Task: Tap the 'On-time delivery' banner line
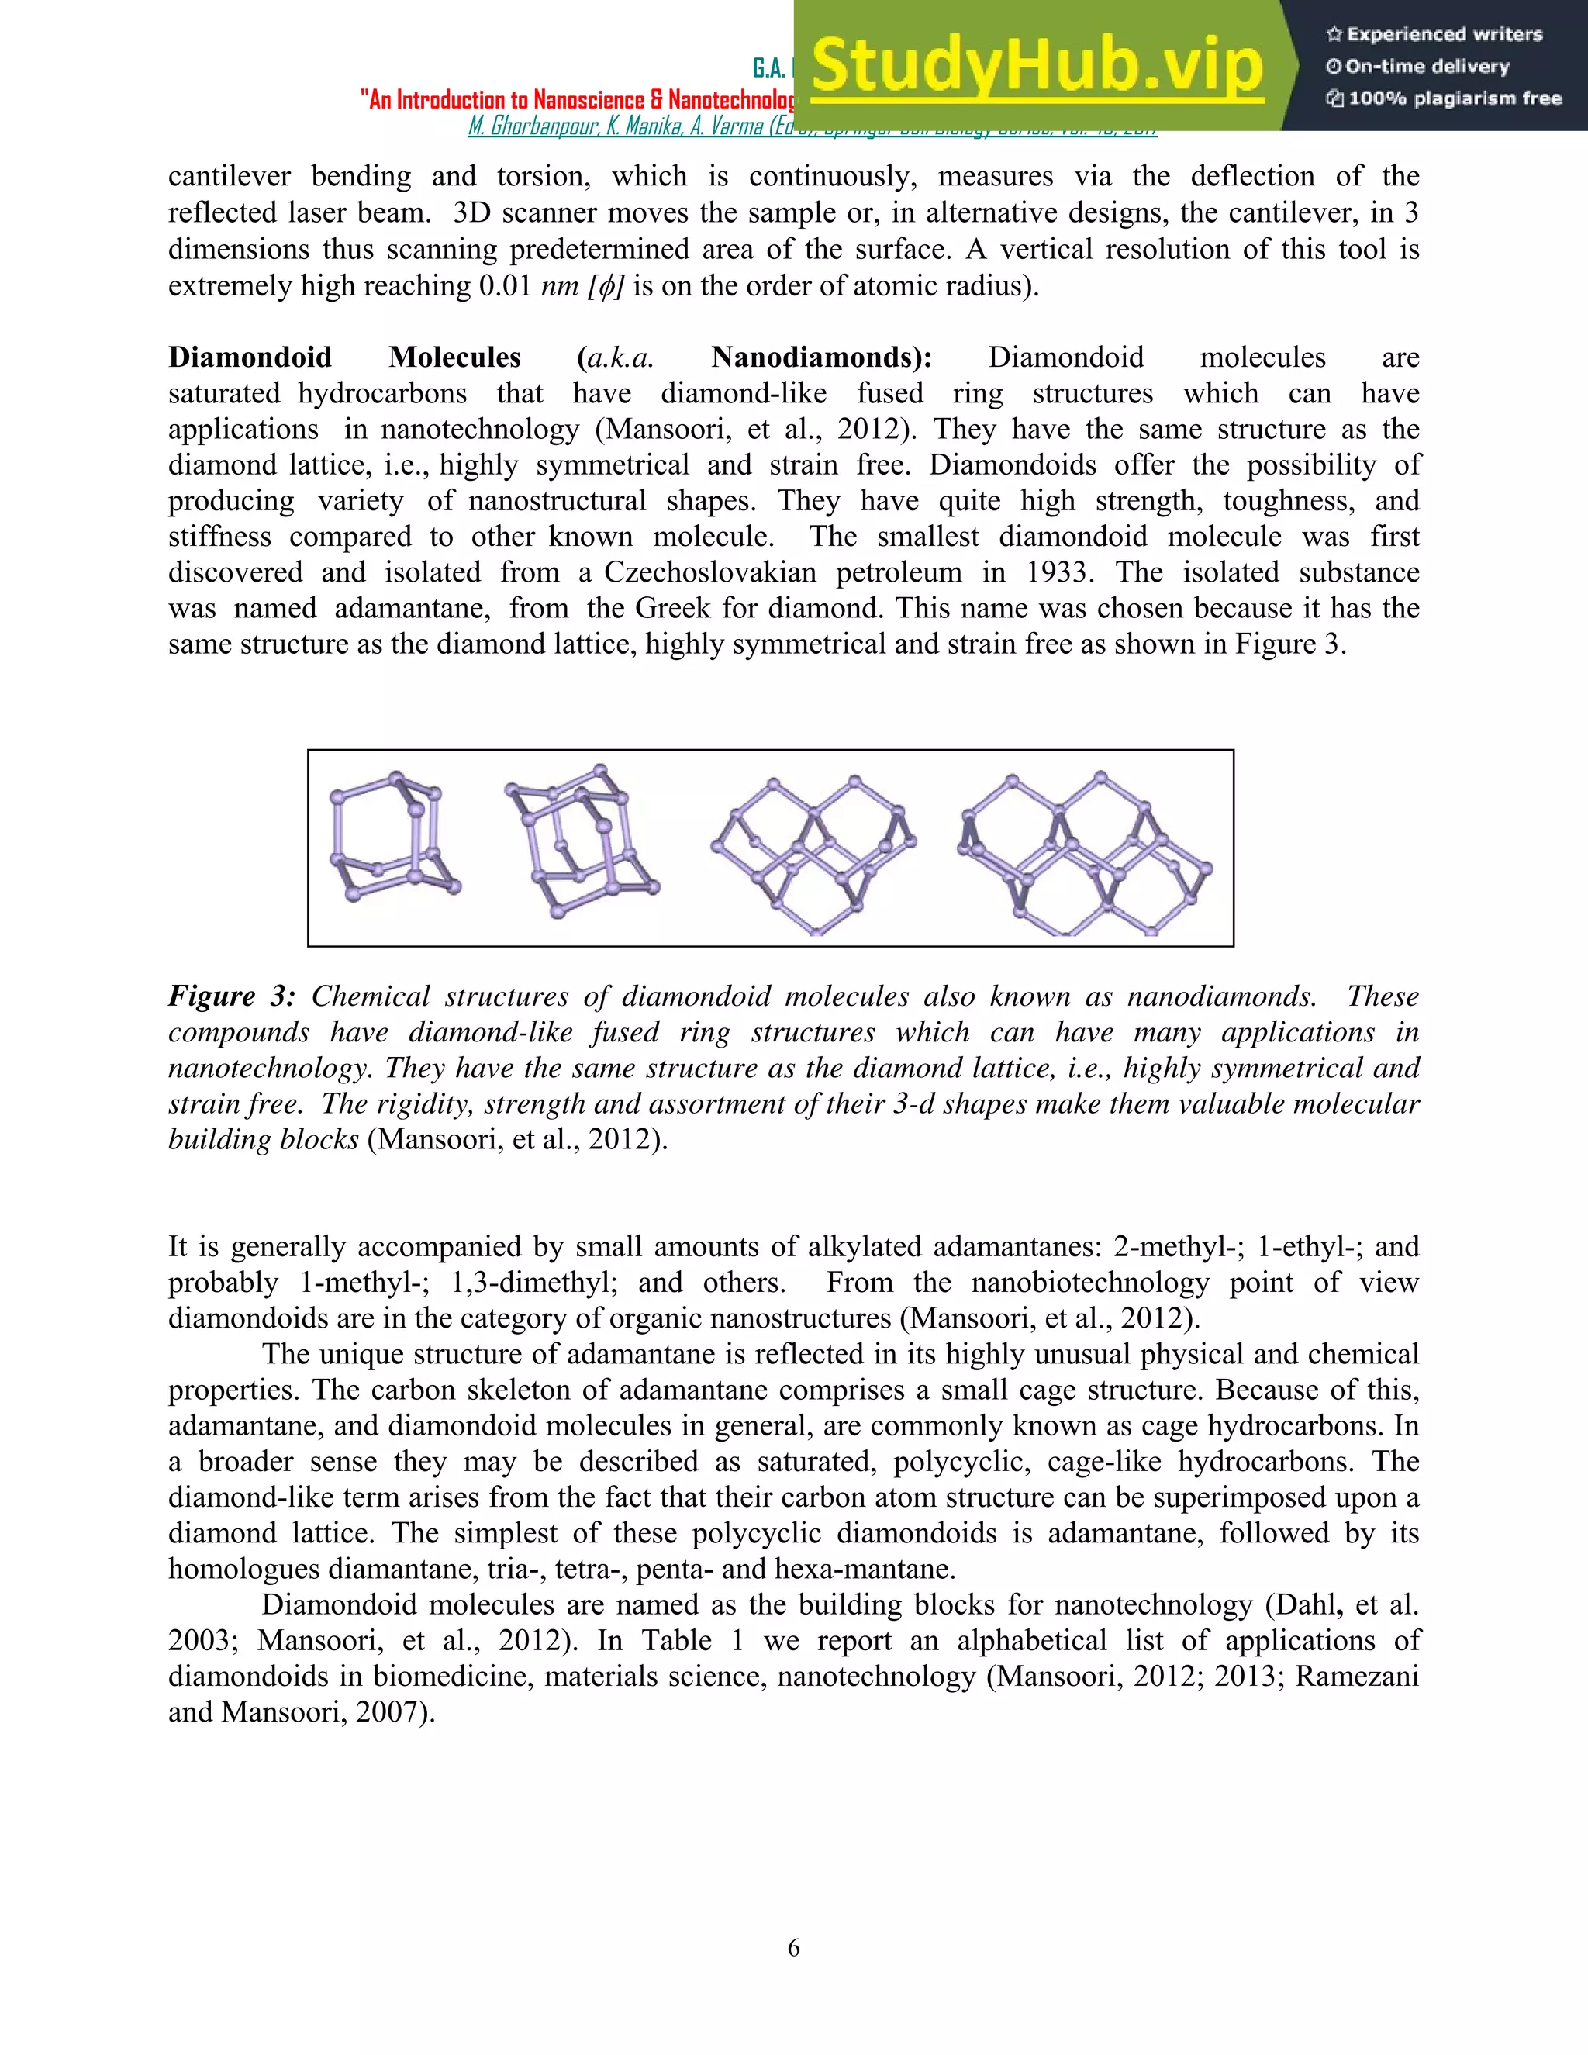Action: point(1427,67)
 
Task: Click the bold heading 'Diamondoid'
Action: point(250,357)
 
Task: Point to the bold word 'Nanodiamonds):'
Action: point(821,357)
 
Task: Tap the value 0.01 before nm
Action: point(506,286)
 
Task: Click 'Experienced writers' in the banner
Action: point(1444,35)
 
